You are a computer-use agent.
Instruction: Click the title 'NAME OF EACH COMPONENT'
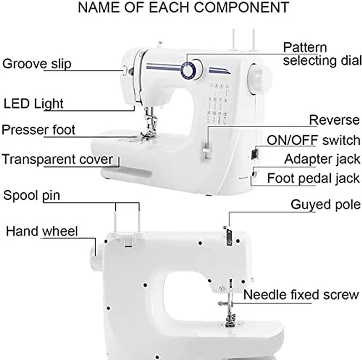183,8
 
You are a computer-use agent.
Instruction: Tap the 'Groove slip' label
37,64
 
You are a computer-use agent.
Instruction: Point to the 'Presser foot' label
38,130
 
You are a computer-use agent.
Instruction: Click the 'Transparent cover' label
57,159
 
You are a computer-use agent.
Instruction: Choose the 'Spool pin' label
32,195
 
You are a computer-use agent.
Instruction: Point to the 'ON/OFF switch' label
313,140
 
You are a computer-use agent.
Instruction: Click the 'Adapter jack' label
322,159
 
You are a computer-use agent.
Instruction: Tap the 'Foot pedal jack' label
313,178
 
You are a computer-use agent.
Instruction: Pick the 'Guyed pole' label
325,205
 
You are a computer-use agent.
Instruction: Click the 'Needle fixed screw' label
301,295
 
